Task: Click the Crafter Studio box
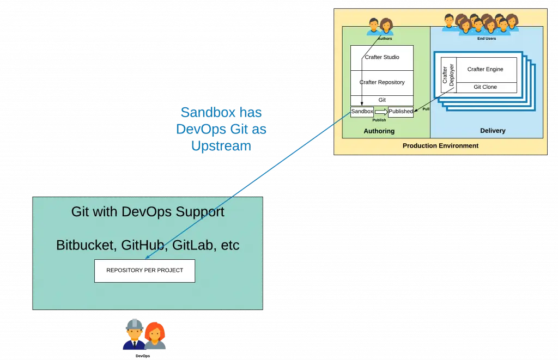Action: click(x=381, y=57)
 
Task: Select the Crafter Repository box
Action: click(x=381, y=82)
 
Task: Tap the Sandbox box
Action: click(x=362, y=111)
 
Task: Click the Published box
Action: click(x=401, y=112)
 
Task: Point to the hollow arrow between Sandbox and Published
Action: click(x=381, y=112)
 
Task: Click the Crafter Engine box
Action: click(x=485, y=70)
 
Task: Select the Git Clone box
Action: click(x=485, y=87)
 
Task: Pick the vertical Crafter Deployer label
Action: click(x=448, y=75)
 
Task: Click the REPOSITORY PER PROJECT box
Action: click(x=144, y=270)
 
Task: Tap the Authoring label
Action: click(x=379, y=131)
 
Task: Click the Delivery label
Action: click(x=493, y=131)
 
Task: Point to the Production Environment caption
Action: click(x=440, y=146)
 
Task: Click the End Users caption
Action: click(x=486, y=39)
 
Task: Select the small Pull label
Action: click(x=426, y=109)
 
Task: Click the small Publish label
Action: click(x=379, y=120)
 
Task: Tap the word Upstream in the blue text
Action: click(x=221, y=146)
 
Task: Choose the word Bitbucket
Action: click(x=85, y=245)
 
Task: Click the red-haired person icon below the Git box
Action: click(x=155, y=335)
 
